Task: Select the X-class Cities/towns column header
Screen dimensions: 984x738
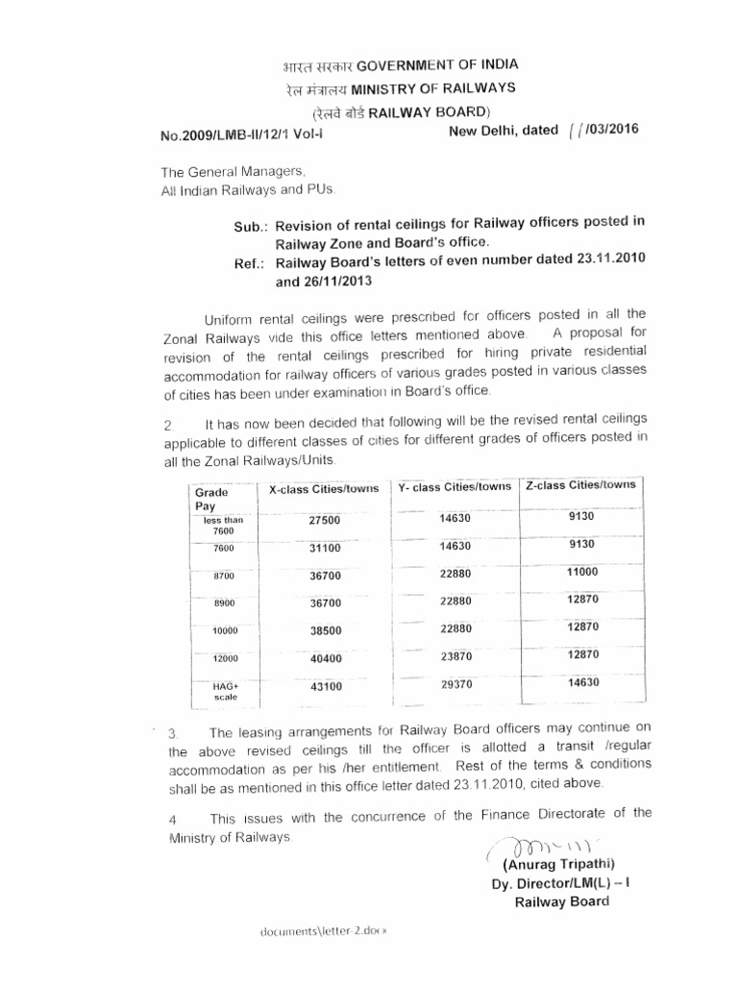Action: [x=324, y=489]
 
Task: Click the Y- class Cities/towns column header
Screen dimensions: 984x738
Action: [x=455, y=487]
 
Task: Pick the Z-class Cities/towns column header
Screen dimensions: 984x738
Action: [x=580, y=485]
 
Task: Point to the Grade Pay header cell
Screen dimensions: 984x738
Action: [x=211, y=498]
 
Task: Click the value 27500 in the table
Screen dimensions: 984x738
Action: [x=325, y=520]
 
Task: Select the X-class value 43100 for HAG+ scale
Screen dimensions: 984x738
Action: [x=325, y=687]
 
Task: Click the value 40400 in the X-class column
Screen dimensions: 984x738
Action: [x=325, y=658]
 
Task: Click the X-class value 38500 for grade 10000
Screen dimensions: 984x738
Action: [x=325, y=631]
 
